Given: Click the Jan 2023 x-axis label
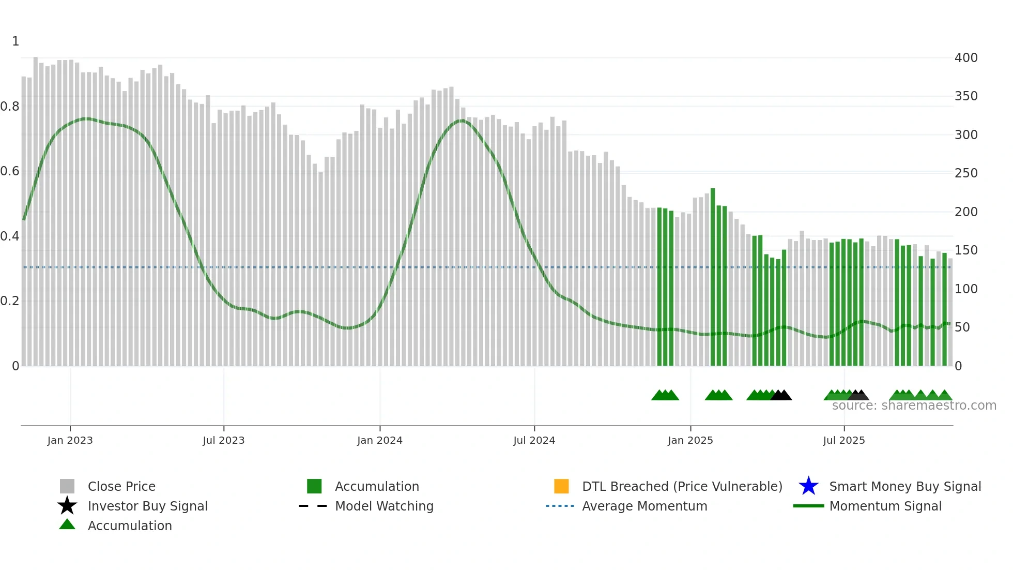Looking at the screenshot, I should tap(70, 440).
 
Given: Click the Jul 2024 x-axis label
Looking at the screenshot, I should tap(534, 440).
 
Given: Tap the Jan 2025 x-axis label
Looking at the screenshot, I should tap(690, 440).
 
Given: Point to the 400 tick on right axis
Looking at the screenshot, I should tap(965, 57).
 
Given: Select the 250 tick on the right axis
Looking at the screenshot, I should tap(965, 173).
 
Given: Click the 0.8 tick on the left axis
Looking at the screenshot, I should tap(10, 107).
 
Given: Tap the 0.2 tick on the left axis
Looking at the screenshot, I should tap(10, 301).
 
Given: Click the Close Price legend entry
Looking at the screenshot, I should tap(121, 486).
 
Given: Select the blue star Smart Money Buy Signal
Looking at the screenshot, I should tap(808, 486).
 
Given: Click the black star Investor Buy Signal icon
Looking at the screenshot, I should tap(67, 506).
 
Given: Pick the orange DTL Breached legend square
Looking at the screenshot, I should tap(561, 486).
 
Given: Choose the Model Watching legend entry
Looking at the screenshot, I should tap(383, 506).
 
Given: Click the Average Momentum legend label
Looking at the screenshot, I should tap(644, 506).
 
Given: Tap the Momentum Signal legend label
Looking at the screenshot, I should tap(885, 506).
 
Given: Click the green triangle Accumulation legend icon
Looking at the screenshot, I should tap(67, 524).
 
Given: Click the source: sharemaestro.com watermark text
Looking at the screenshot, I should tap(914, 406).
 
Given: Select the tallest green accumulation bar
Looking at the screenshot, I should tap(713, 277).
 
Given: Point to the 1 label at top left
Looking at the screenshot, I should tap(16, 41).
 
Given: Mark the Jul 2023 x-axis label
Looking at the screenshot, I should tap(223, 440).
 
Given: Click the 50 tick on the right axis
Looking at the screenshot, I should tap(962, 327).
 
